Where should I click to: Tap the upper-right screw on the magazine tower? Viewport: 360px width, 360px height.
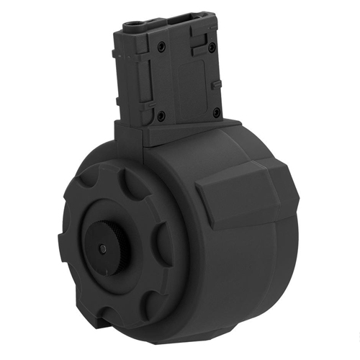click(211, 47)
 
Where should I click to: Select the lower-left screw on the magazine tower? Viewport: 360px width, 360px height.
click(161, 114)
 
